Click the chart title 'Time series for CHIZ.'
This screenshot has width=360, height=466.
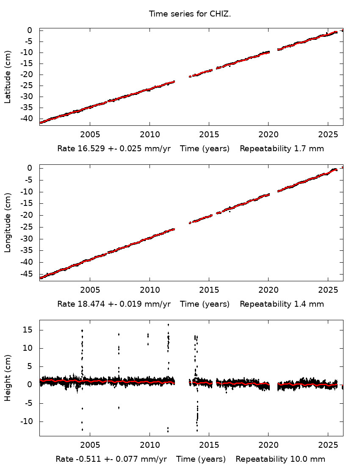point(190,14)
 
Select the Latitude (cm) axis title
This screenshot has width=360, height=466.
point(8,77)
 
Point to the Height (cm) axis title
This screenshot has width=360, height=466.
point(8,378)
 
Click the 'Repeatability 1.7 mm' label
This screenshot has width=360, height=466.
point(282,149)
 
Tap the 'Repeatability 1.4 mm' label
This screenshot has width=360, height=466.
point(282,304)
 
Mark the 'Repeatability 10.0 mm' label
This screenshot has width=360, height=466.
point(280,459)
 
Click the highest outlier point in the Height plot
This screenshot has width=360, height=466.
point(168,325)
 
